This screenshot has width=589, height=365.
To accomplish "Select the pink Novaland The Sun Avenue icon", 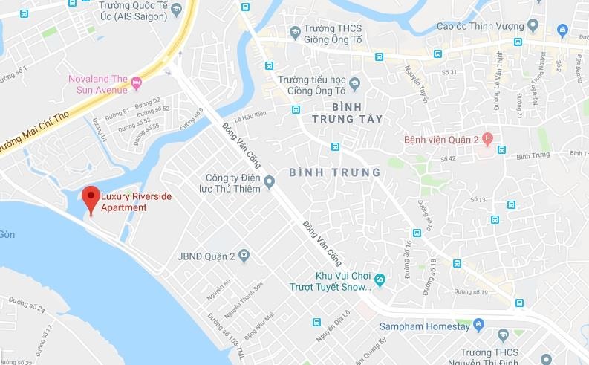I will point(136,82).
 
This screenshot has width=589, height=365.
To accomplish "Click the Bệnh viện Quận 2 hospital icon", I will point(487,138).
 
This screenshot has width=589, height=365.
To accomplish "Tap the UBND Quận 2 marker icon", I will point(244,257).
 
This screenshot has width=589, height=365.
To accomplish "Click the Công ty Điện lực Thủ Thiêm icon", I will point(270,181).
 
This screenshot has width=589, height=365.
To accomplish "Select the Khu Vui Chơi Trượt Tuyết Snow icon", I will point(380,280).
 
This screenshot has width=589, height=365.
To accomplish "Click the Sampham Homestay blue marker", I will point(479,325).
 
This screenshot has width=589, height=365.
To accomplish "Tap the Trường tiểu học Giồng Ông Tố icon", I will point(354,83).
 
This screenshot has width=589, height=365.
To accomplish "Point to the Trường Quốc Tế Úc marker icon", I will point(176,10).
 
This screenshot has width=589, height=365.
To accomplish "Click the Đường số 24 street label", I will point(27,305).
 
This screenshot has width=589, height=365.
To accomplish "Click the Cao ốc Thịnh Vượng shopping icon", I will point(563,30).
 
